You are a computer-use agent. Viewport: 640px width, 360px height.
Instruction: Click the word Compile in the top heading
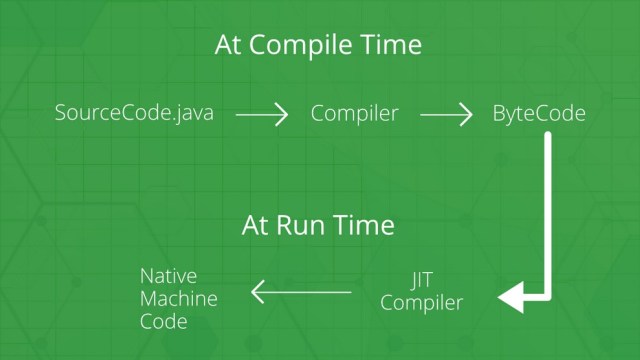pos(300,46)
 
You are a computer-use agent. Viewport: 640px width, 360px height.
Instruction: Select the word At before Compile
pos(227,45)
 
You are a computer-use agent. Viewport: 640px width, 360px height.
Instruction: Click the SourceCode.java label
pos(134,113)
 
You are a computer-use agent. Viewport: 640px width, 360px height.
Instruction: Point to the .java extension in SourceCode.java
pos(192,113)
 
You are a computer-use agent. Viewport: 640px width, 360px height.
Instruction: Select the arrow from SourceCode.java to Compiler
pos(262,115)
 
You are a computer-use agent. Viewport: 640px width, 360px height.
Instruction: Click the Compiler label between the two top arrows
pos(354,114)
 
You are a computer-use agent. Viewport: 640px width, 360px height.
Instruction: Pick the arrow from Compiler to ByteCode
pos(446,115)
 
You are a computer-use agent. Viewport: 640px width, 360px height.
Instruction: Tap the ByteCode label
pos(539,113)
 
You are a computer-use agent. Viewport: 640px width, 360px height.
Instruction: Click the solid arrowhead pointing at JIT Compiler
pos(512,297)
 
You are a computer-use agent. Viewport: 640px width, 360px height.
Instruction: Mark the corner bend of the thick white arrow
pos(547,297)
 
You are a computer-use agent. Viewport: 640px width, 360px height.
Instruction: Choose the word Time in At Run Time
pos(363,225)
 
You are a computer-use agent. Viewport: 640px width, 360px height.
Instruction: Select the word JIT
pos(421,281)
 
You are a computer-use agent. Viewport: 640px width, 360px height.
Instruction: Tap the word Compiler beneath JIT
pos(421,303)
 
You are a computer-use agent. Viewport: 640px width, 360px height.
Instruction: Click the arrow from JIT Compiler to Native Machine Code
pos(301,292)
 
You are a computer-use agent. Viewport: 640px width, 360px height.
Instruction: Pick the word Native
pos(168,276)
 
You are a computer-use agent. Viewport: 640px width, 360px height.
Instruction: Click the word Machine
pos(178,299)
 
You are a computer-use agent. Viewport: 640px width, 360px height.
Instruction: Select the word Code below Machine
pos(164,322)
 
